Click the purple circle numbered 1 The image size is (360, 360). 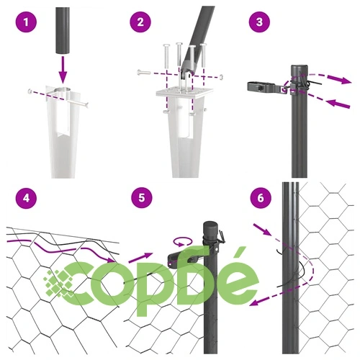click(26, 22)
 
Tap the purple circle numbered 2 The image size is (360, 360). click(140, 22)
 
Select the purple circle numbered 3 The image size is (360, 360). click(259, 22)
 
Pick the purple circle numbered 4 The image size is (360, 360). click(26, 198)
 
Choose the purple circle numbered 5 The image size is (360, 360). click(142, 198)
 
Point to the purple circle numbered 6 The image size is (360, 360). click(261, 198)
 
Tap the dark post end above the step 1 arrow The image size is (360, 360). click(63, 30)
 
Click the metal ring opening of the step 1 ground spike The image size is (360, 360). click(63, 90)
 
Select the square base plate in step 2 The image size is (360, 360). click(184, 92)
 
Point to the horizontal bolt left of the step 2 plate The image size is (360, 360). click(144, 72)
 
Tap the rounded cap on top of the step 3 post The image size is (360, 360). click(300, 68)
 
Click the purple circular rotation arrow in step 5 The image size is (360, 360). click(183, 242)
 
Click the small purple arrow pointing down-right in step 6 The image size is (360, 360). click(261, 229)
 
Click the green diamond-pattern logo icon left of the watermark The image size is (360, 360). click(58, 283)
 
